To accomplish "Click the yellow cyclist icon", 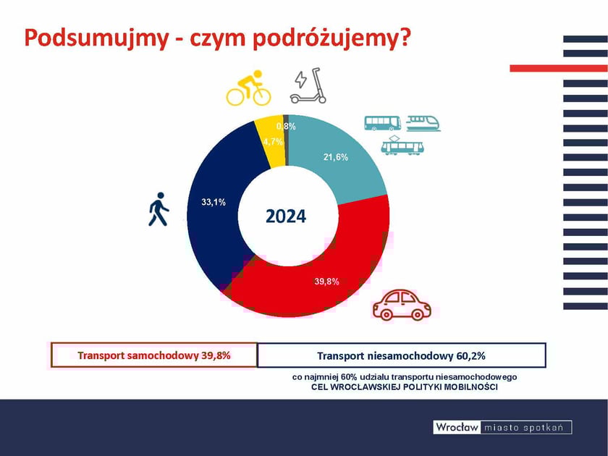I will tap(248, 88).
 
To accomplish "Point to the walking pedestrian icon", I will tap(159, 209).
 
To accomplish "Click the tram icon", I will tap(402, 145).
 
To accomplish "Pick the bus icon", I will tap(382, 122).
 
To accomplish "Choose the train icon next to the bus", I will tap(423, 122).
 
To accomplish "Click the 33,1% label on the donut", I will tap(213, 202).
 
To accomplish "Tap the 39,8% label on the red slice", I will tap(327, 282).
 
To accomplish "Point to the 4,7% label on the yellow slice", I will tap(273, 142).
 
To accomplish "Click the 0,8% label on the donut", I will tap(286, 127).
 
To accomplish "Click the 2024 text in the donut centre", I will tap(286, 216).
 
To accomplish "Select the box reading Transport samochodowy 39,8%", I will tap(153, 355).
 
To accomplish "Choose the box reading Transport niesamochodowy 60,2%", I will tap(401, 355).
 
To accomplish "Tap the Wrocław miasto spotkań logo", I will tap(502, 427).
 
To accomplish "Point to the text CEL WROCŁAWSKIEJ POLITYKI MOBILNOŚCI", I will tap(403, 387).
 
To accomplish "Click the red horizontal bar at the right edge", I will tap(558, 68).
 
